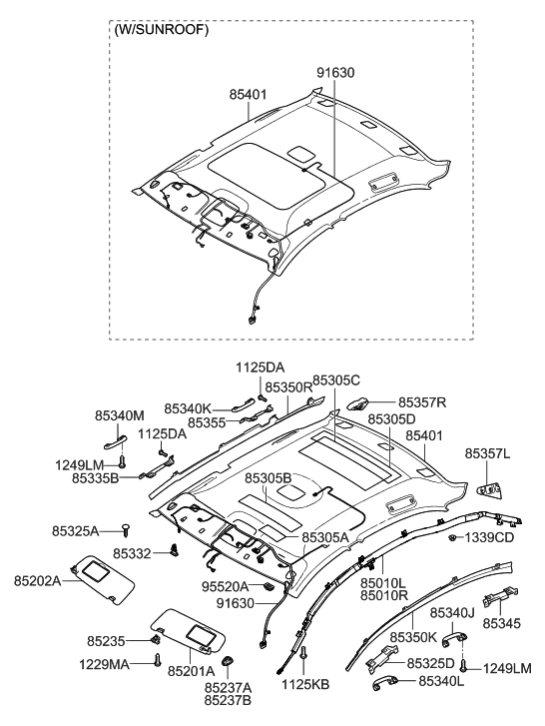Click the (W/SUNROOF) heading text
coord(160,31)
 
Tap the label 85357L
coord(487,453)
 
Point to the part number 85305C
coord(335,381)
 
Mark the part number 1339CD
coord(489,538)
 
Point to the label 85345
coord(503,621)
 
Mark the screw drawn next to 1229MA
coord(158,660)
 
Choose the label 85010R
coord(383,596)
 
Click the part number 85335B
coord(96,478)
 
